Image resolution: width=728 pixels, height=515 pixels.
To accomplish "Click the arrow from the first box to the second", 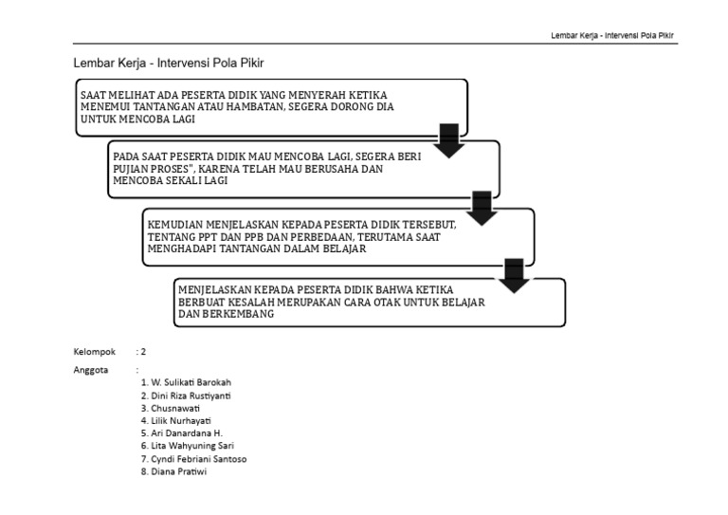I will click(x=448, y=139).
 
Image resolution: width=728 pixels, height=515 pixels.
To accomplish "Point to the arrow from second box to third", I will click(x=482, y=208).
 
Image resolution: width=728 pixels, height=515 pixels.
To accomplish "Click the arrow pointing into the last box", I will click(x=515, y=274).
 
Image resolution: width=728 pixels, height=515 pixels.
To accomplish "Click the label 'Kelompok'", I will click(x=94, y=351).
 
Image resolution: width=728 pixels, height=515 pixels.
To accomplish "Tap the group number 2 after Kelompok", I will click(x=142, y=351).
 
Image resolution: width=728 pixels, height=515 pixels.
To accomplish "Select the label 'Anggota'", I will click(x=91, y=370).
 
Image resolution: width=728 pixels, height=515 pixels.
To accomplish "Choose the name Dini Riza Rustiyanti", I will click(x=186, y=395).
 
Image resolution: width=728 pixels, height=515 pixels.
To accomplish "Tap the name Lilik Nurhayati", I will click(x=179, y=420).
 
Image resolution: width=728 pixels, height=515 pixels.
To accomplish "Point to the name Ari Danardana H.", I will click(x=180, y=432).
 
